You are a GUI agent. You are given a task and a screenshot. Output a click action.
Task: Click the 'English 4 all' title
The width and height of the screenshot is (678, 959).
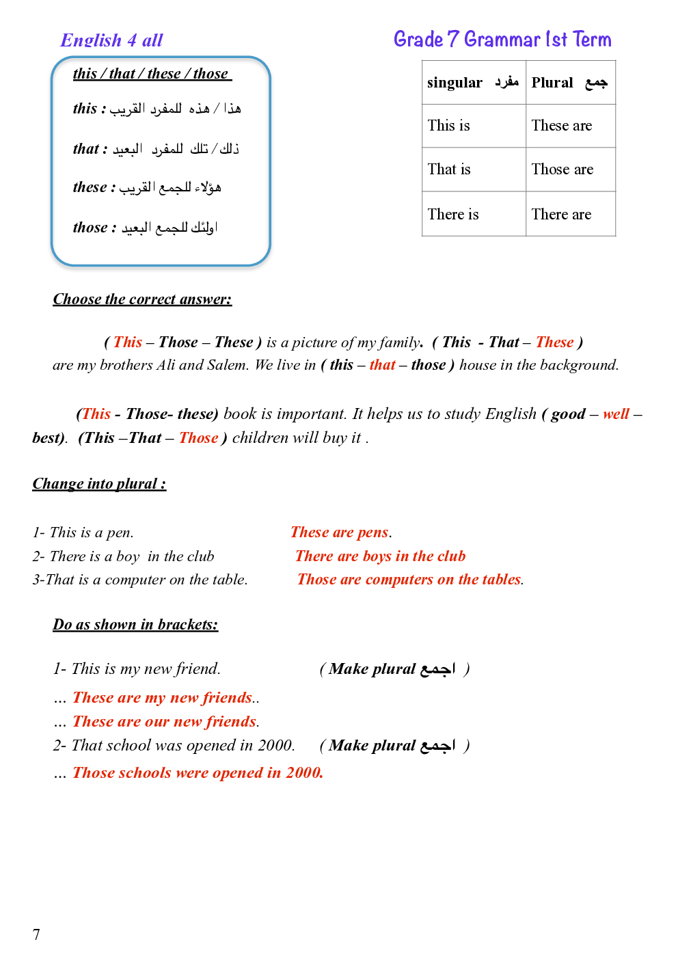[111, 40]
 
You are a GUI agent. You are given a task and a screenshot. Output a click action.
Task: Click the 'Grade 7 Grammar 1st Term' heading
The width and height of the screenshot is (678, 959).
[502, 40]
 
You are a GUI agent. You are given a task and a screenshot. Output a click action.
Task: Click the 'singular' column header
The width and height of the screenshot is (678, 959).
[472, 83]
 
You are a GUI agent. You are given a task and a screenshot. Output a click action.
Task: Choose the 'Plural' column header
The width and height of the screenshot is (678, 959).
[569, 83]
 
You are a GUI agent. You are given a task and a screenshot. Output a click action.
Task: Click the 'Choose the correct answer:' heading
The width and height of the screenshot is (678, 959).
[142, 299]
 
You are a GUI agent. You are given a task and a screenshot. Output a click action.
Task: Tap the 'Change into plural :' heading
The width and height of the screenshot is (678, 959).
[99, 484]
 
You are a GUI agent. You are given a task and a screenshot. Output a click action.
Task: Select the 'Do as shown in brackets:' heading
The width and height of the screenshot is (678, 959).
[135, 625]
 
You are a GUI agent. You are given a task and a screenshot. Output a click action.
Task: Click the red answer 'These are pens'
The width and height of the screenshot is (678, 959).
[340, 532]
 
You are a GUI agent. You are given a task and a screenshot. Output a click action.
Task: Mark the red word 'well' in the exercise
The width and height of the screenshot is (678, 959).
[616, 414]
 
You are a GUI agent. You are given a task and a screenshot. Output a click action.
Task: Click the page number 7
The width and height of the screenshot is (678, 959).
[36, 934]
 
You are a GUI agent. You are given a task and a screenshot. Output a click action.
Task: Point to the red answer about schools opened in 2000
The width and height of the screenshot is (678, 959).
[198, 773]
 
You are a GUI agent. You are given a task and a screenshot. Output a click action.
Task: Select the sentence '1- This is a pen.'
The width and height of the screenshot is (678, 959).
[83, 532]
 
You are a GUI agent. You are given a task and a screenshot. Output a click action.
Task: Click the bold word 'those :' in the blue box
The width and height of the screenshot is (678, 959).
[94, 228]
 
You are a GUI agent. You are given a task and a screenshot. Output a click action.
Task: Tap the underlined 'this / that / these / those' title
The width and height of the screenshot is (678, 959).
[152, 74]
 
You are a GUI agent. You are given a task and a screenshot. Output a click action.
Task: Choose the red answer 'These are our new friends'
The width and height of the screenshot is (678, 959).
[165, 722]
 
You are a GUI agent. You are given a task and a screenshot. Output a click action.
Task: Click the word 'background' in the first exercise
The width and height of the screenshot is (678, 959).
[582, 365]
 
